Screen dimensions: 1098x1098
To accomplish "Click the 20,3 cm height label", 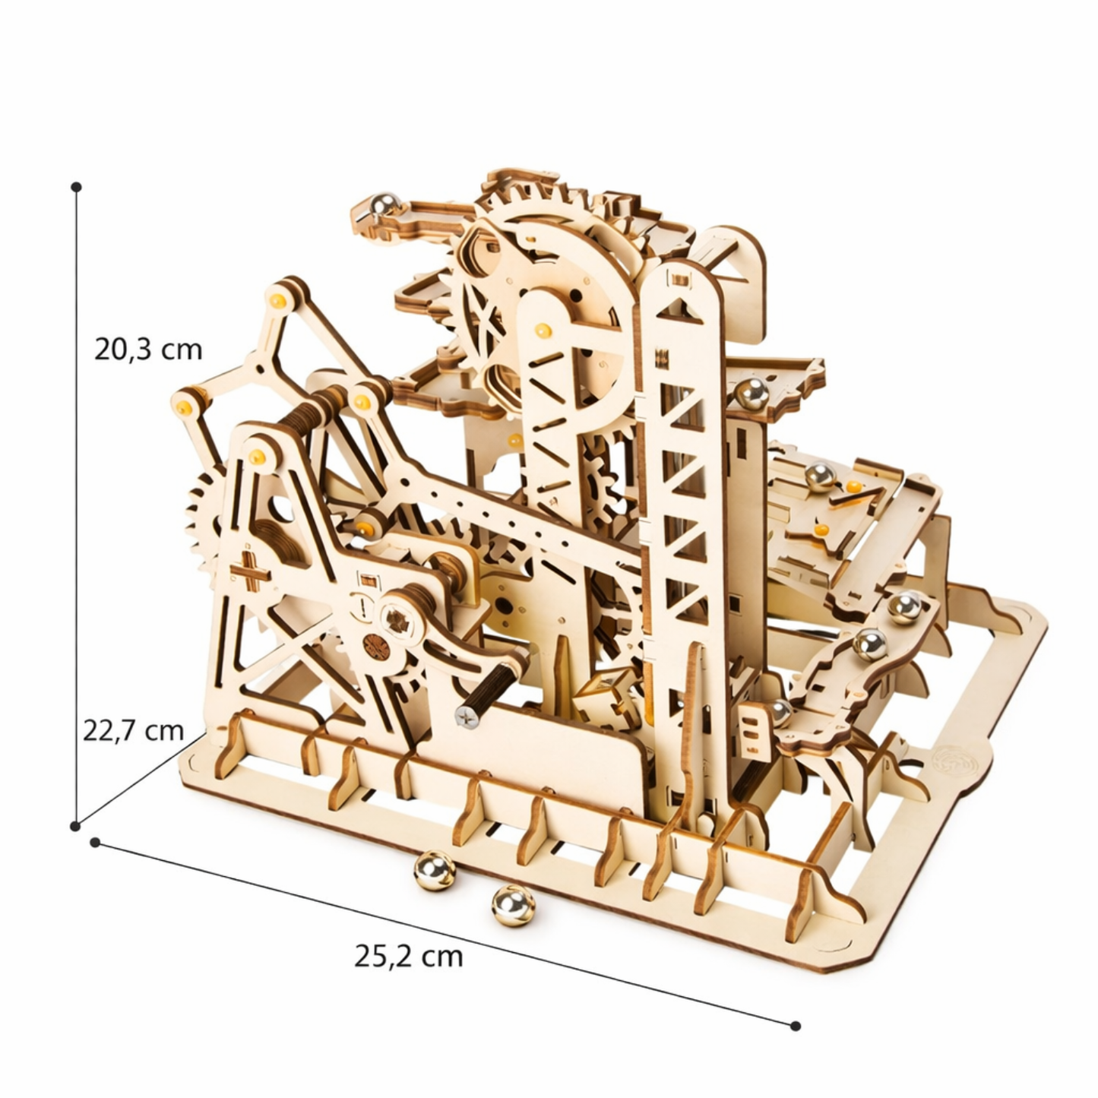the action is [148, 350].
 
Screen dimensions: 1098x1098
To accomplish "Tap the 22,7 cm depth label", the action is [133, 730].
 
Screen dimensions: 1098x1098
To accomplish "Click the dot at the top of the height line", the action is [77, 187].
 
